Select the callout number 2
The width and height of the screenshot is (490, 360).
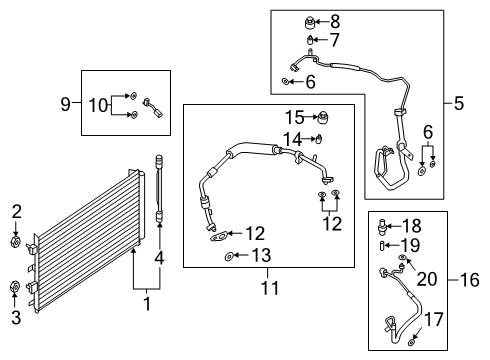pos(16,211)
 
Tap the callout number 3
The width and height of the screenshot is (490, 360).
pos(16,317)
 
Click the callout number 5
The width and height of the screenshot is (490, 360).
pos(460,102)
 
